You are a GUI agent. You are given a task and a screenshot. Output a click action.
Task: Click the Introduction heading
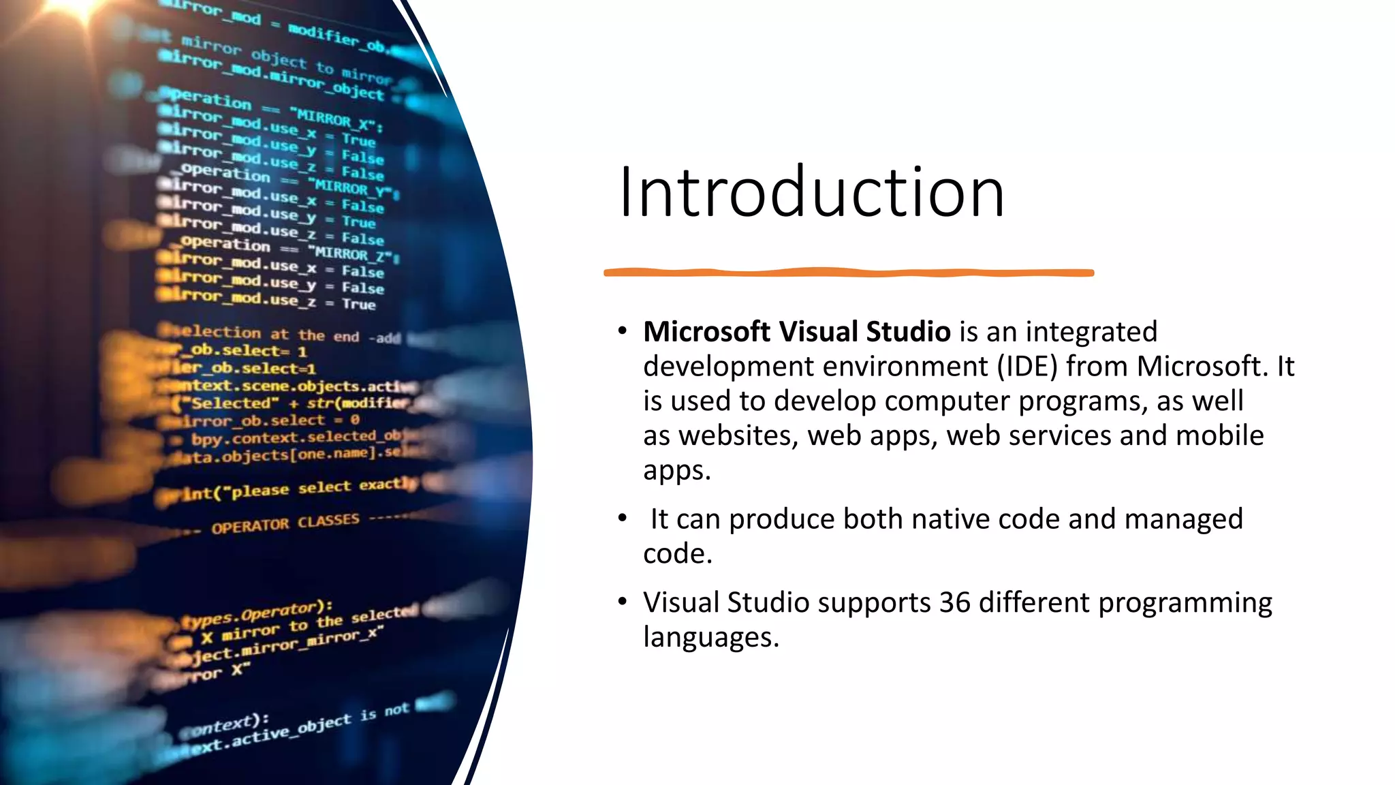tap(811, 193)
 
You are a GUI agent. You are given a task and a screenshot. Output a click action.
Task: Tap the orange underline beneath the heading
tap(848, 273)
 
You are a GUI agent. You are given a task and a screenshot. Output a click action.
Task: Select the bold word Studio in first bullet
tap(908, 332)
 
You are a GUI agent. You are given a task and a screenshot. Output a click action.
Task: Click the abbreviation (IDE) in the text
tap(1027, 367)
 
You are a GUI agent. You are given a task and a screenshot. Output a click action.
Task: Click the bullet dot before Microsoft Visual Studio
tap(622, 332)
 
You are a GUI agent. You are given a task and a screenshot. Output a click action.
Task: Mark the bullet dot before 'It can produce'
tap(622, 519)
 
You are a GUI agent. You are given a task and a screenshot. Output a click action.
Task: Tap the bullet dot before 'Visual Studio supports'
tap(622, 602)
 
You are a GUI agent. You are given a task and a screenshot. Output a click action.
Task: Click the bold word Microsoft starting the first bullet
tap(706, 332)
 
